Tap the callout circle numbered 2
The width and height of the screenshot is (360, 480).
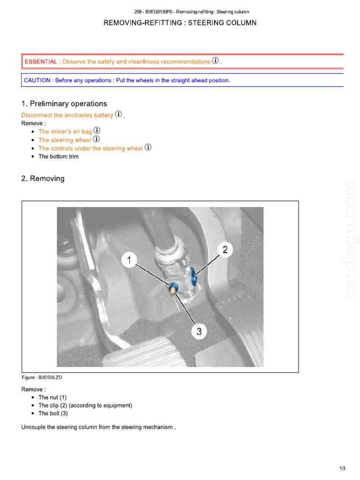tap(225, 250)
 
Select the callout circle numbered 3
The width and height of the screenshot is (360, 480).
tap(199, 331)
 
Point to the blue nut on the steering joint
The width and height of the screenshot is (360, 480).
tap(174, 287)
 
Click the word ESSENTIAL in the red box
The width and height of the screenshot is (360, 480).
tap(41, 62)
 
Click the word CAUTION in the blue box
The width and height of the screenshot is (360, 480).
tap(37, 80)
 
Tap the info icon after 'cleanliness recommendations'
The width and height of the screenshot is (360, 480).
tap(216, 61)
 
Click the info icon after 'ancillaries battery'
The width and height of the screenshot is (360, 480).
tap(119, 114)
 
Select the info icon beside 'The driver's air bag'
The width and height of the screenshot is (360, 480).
tap(97, 131)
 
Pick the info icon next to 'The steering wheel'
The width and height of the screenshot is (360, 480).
tap(97, 139)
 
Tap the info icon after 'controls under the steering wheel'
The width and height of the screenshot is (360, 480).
tap(148, 147)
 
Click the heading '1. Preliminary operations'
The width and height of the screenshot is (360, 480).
tap(64, 104)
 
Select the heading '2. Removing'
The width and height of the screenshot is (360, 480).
tap(43, 179)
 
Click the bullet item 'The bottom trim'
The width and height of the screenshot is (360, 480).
tap(59, 157)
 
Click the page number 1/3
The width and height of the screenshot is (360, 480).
tap(342, 468)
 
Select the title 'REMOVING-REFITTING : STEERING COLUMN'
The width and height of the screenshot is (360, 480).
tap(180, 22)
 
